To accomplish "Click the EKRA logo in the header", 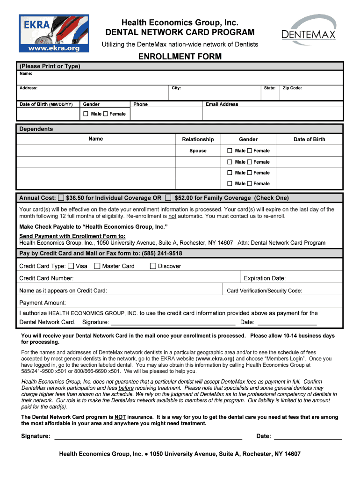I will [53, 33].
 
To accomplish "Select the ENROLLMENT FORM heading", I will [180, 57].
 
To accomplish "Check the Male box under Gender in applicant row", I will [86, 114].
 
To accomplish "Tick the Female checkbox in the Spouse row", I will [249, 151].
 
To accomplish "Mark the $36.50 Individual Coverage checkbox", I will [61, 198].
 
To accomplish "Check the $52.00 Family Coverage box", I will [168, 198].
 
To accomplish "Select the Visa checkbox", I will [71, 266].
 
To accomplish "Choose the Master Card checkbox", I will [97, 266].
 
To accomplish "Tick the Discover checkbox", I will [153, 266].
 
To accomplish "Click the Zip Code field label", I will [292, 88].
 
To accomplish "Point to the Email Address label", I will [222, 104].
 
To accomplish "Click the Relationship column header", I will [198, 139].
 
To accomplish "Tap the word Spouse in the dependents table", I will [198, 151].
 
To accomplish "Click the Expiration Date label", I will [265, 278].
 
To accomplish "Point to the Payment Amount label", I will [43, 303].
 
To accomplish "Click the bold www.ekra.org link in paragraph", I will [216, 359].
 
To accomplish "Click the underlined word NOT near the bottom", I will [121, 417].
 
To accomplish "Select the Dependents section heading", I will [36, 129].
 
